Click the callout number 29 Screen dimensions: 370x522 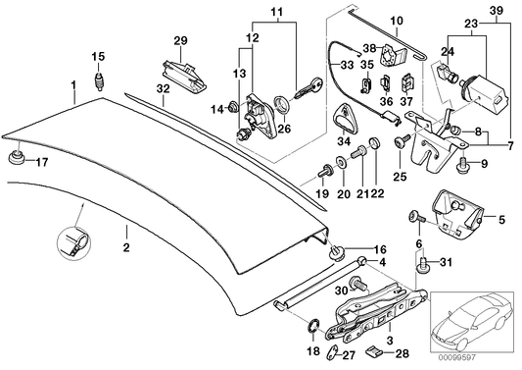[180, 39]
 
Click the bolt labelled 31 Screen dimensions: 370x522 [424, 261]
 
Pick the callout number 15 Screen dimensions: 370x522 [97, 55]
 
